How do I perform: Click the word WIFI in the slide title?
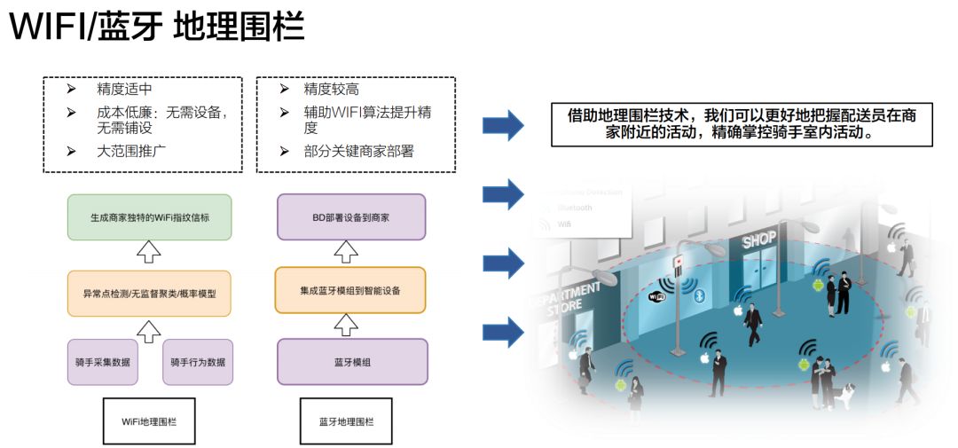47,28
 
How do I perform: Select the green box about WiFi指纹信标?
149,217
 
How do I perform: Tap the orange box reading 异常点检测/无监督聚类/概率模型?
149,294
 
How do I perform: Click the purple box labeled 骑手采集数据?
103,362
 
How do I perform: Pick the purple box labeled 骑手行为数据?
197,362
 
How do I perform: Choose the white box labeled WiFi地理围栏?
149,421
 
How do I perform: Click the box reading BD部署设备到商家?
351,217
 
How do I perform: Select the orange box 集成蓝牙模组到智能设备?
351,289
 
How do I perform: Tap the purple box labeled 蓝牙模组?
352,362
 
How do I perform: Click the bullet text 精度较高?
331,90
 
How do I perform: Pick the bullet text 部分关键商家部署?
358,152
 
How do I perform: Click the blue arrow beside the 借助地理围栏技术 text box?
503,126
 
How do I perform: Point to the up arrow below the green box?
149,255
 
